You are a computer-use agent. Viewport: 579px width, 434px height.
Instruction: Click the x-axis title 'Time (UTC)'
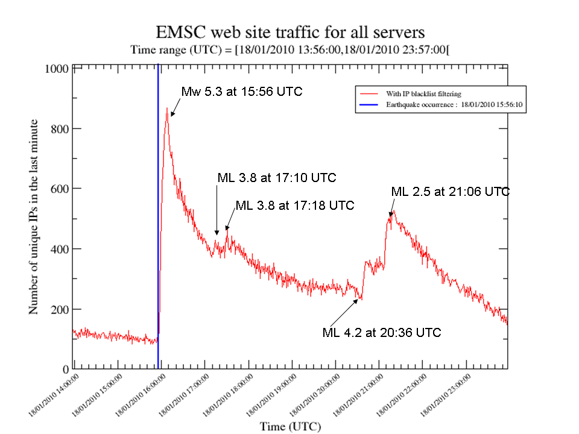[291, 426]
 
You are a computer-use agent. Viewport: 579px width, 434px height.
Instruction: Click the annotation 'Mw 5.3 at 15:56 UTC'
[241, 92]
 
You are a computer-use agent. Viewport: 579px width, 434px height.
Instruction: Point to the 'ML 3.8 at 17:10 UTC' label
[276, 178]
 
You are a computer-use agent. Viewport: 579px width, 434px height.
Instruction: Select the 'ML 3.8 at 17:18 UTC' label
[294, 205]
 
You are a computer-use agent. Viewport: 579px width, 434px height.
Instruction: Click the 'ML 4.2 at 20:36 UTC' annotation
[381, 332]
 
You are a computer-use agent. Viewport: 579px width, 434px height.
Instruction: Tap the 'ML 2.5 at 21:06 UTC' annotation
[450, 192]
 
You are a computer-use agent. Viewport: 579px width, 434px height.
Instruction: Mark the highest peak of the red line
[167, 108]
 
